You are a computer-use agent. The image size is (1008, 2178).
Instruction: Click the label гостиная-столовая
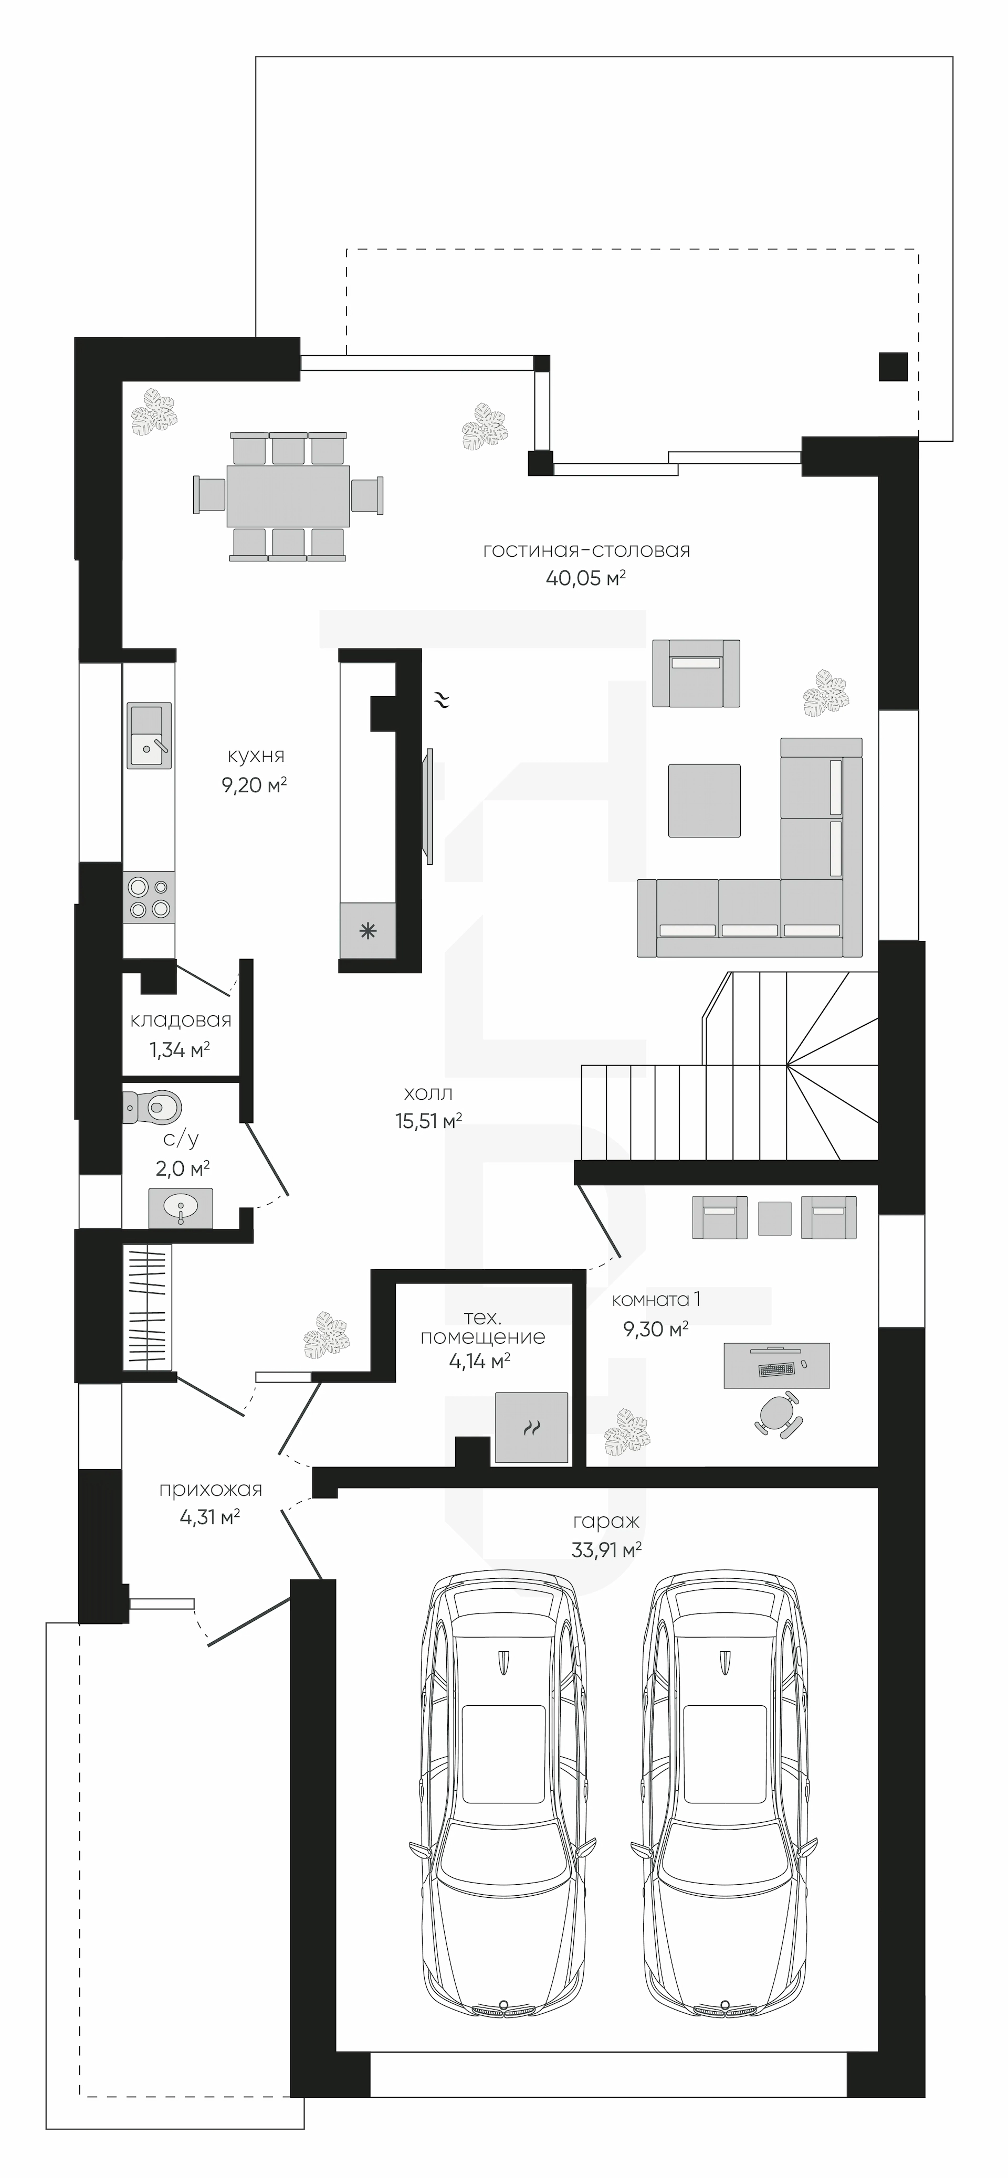click(586, 550)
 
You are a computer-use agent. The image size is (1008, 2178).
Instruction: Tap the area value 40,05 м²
click(585, 578)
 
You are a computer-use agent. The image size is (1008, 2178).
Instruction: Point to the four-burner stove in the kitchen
click(149, 898)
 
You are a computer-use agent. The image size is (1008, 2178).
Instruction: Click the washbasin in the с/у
click(180, 1208)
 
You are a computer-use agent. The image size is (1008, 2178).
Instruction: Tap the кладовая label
click(181, 1021)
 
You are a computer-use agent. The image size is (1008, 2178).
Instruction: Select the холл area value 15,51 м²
click(428, 1121)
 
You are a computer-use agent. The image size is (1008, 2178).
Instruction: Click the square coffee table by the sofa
click(705, 801)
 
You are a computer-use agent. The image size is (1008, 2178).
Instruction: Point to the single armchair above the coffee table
click(697, 673)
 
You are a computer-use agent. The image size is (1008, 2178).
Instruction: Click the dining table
click(288, 495)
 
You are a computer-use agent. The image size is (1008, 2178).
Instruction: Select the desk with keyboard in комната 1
click(776, 1365)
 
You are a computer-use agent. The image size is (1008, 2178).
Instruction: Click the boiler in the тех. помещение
click(531, 1428)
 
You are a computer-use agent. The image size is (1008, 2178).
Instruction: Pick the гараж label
click(605, 1522)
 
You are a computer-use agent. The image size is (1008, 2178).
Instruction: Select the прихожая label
click(211, 1490)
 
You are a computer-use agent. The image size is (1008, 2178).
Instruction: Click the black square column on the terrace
click(893, 366)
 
